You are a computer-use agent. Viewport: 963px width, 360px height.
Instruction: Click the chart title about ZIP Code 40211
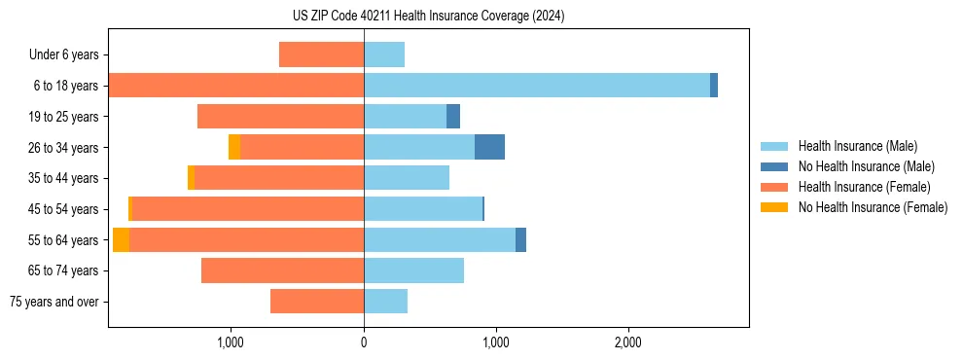tap(428, 16)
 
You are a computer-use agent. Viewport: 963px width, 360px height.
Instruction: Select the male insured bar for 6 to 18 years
tap(537, 86)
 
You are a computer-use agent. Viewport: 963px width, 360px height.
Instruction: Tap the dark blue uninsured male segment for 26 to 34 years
tap(489, 147)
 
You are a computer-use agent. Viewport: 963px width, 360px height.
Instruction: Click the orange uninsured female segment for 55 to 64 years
tap(121, 239)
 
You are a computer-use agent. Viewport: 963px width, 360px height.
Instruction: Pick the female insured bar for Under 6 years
tap(321, 54)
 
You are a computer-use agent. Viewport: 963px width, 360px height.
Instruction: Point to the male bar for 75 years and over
tap(385, 302)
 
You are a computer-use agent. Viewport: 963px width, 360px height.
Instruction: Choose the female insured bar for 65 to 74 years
tap(282, 270)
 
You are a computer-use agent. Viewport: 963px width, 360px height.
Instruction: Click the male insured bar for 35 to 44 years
tap(407, 178)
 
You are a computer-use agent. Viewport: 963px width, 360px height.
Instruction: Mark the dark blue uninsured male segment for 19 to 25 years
tap(453, 117)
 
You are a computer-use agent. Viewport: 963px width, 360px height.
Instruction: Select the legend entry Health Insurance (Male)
tap(857, 146)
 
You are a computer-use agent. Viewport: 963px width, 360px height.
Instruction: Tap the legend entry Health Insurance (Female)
tap(864, 187)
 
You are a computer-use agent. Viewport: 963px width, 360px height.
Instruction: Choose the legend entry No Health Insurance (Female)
tap(873, 207)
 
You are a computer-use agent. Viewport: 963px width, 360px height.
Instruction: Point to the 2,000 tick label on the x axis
tap(628, 342)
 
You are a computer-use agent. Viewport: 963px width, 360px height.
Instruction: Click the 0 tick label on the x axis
tap(364, 342)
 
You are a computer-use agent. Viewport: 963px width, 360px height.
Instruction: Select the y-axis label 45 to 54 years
tap(63, 209)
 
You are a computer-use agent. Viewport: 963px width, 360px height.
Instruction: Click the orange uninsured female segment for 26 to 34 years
tap(234, 147)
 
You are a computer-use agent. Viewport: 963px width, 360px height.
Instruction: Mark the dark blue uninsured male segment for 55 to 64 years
tap(520, 239)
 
